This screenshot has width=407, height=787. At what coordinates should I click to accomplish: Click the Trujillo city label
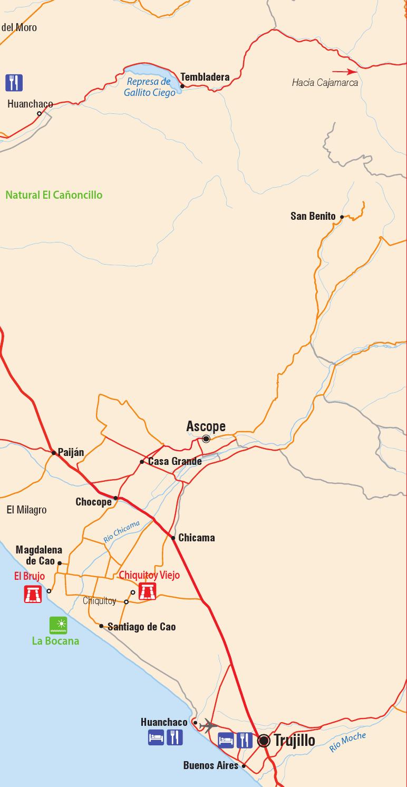(x=294, y=741)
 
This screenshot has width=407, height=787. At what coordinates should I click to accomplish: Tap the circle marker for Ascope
(x=206, y=439)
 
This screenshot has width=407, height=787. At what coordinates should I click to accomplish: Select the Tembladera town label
(x=205, y=77)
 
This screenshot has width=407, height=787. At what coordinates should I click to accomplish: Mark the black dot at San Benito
(x=342, y=217)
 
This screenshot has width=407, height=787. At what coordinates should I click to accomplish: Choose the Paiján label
(x=71, y=452)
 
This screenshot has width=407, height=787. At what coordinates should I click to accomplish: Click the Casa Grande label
(x=175, y=462)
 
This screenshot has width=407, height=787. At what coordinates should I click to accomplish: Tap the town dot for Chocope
(x=115, y=498)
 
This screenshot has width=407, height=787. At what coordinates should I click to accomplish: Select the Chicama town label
(x=196, y=538)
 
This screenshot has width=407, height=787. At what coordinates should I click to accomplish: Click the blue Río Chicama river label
(x=121, y=532)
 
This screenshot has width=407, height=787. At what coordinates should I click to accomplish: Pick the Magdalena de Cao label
(x=38, y=556)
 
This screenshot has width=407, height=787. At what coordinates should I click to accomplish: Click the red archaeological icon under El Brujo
(x=33, y=594)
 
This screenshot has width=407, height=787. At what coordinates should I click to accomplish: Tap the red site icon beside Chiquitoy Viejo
(x=147, y=591)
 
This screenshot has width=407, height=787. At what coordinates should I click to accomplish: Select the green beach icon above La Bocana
(x=58, y=625)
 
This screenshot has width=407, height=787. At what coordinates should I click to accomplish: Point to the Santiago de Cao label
(x=141, y=627)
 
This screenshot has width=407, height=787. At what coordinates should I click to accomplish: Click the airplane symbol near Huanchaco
(x=209, y=725)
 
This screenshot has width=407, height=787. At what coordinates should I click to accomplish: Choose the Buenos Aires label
(x=211, y=765)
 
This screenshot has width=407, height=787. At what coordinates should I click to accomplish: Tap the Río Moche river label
(x=347, y=742)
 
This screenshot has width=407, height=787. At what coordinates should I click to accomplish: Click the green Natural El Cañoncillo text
(x=54, y=195)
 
